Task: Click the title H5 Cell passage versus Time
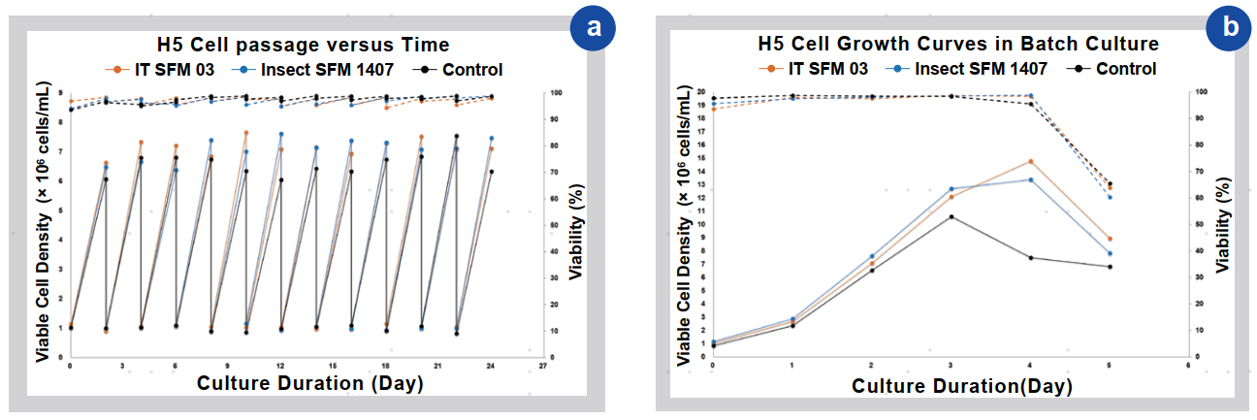pos(304,45)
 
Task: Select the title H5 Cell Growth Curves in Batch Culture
pos(958,45)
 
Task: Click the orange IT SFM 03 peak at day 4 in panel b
pos(1030,161)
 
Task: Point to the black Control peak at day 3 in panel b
pos(951,216)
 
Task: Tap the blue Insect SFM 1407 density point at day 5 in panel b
pos(1109,254)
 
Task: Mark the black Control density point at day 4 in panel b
pos(1030,257)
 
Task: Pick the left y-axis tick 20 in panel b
pos(701,91)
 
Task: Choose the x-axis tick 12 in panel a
pos(281,366)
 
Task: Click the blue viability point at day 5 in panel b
pos(1109,198)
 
